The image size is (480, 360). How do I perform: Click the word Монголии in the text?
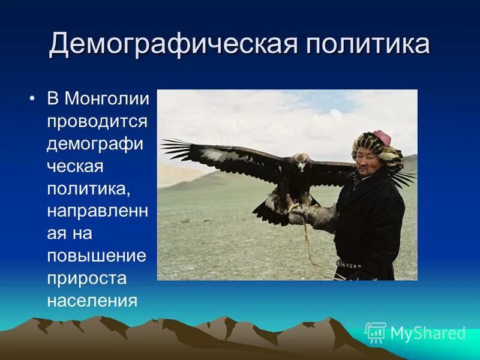click(x=107, y=98)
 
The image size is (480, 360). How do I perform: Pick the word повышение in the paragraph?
click(x=97, y=255)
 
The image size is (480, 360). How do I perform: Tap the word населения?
click(x=92, y=299)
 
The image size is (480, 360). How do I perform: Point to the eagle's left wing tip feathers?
click(x=174, y=147)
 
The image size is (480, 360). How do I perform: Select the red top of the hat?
click(x=380, y=137)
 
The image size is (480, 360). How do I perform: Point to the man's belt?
click(x=348, y=264)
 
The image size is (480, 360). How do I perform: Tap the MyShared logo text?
click(x=427, y=333)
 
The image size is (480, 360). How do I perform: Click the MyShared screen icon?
click(x=376, y=332)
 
